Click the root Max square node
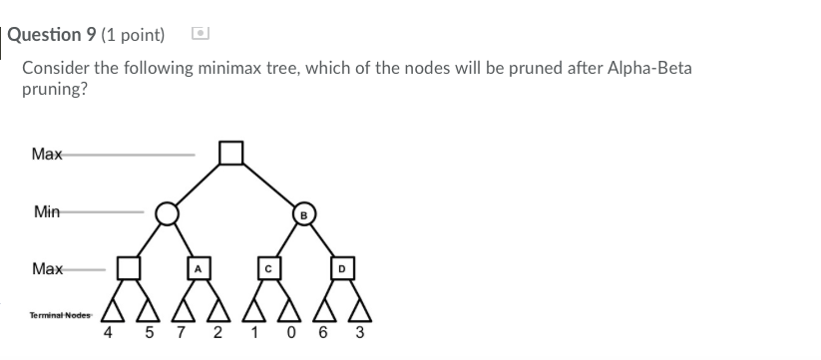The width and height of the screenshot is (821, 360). (231, 153)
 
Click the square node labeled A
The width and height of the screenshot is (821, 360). (198, 268)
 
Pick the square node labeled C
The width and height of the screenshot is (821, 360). (269, 268)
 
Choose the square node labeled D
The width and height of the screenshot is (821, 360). (340, 268)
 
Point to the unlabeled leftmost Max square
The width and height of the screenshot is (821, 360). (128, 268)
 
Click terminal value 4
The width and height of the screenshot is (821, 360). (108, 333)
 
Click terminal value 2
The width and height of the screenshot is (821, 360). (216, 333)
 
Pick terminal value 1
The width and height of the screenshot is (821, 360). (249, 333)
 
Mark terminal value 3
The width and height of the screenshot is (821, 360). (359, 333)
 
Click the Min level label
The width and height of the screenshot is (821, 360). (46, 211)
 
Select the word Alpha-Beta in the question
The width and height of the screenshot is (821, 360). (649, 68)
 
